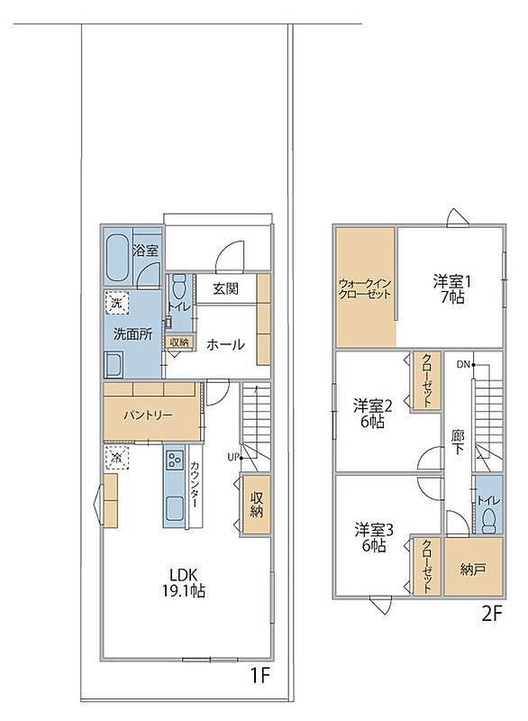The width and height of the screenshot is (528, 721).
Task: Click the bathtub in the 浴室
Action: click(118, 257)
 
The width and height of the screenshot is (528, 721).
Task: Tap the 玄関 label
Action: click(225, 289)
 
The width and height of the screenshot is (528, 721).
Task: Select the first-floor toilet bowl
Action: click(178, 287)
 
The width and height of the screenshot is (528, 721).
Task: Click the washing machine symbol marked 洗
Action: click(117, 303)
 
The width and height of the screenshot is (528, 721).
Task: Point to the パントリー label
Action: click(148, 415)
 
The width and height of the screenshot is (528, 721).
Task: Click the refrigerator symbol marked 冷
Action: click(117, 458)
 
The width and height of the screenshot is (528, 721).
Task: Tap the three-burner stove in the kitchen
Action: click(175, 459)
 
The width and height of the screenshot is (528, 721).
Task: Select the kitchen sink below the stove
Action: click(175, 508)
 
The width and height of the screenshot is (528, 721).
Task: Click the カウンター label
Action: click(194, 484)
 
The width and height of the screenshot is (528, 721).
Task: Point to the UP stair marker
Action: click(233, 458)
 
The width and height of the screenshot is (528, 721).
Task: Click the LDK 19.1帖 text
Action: click(183, 582)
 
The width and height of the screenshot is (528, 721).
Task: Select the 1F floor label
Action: click(259, 675)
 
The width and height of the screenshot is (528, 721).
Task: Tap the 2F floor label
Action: click(491, 614)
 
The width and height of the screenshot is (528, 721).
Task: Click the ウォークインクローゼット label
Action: click(364, 288)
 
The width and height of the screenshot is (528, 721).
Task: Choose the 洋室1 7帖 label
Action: click(451, 289)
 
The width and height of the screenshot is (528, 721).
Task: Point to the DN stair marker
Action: click(463, 365)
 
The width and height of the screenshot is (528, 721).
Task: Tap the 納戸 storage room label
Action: click(472, 570)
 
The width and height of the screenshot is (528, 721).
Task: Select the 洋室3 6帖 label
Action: click(373, 538)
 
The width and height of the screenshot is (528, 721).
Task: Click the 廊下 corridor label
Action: click(457, 443)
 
